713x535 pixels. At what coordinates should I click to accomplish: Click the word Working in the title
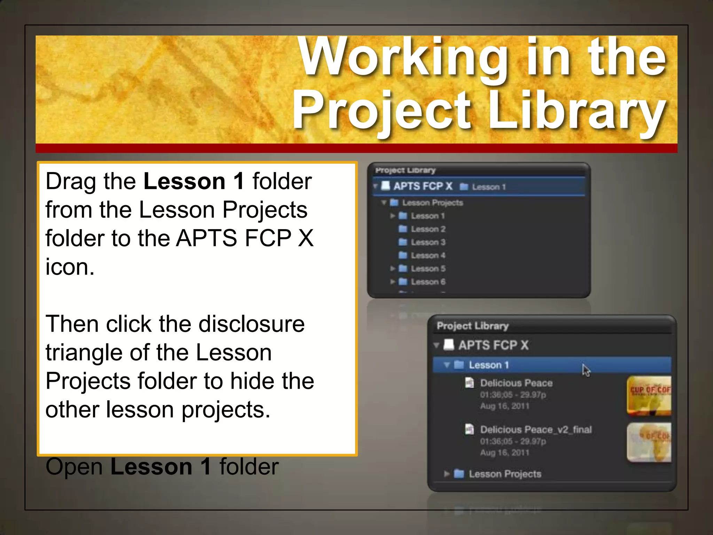click(404, 57)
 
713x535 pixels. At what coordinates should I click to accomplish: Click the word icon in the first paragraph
click(70, 267)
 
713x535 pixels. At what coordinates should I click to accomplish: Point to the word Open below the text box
click(74, 467)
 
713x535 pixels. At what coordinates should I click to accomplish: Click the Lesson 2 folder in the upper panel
click(428, 229)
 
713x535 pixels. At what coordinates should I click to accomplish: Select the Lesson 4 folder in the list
click(428, 256)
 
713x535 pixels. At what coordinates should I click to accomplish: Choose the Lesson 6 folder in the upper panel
click(428, 282)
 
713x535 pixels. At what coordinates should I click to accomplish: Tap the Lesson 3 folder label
click(428, 242)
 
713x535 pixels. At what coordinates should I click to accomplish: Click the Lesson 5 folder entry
click(428, 269)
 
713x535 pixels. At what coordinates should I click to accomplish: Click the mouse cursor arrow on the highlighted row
click(586, 370)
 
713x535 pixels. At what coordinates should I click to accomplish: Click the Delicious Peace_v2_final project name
click(536, 430)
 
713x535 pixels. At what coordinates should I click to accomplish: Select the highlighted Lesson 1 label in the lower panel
click(488, 365)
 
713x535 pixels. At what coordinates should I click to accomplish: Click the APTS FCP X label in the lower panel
click(493, 345)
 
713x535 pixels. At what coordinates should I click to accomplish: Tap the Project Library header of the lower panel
click(472, 326)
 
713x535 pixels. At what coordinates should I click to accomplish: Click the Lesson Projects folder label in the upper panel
click(432, 203)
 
